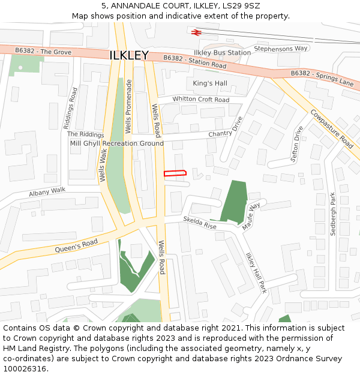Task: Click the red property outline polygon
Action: click(175, 173)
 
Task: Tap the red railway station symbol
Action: click(196, 32)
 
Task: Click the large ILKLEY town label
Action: click(129, 55)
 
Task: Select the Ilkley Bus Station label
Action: click(222, 53)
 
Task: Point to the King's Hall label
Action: click(210, 83)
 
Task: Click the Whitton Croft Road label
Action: click(201, 99)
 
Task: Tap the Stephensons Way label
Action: click(281, 48)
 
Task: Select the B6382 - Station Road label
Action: click(195, 61)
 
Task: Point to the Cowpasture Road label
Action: click(332, 128)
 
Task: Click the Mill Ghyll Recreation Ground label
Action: click(117, 143)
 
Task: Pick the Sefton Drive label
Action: click(296, 145)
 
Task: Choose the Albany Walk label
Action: click(47, 192)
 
